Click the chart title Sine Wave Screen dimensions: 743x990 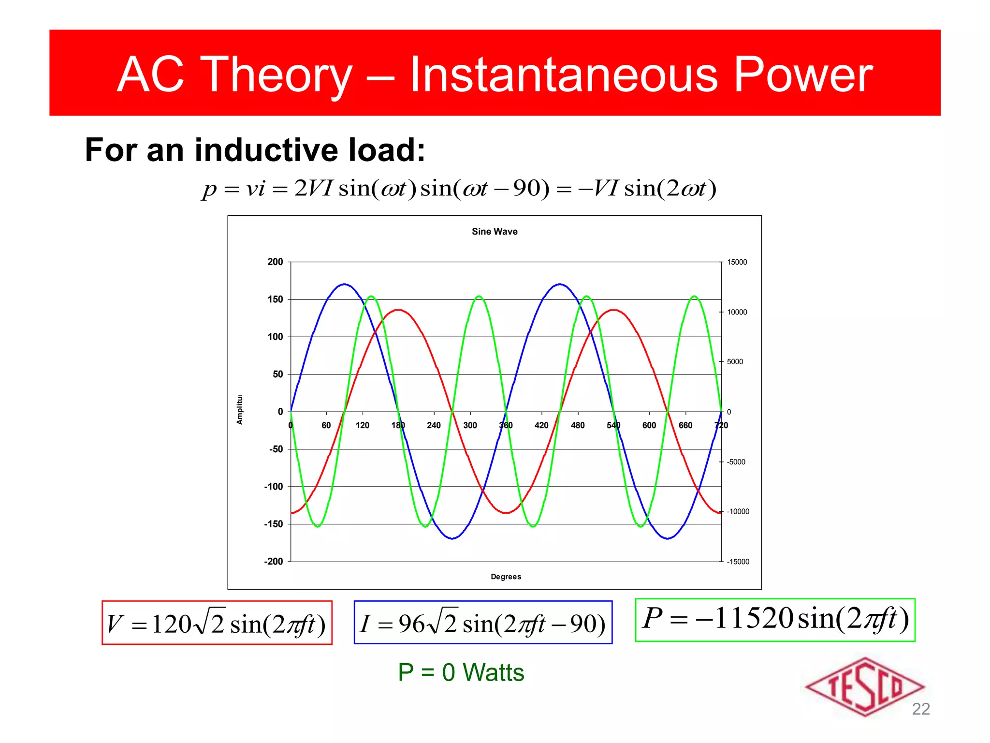click(494, 232)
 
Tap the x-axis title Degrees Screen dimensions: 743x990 click(506, 577)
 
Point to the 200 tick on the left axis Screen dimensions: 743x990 click(275, 262)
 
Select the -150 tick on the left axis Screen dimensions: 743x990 click(273, 524)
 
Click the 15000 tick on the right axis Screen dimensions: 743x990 click(737, 262)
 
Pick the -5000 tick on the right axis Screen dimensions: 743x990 click(736, 462)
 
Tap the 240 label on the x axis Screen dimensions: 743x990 click(434, 425)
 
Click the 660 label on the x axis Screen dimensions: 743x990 click(685, 425)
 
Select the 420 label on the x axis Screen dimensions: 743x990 click(541, 425)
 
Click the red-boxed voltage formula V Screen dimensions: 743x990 click(217, 623)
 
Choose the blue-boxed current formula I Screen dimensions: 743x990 click(482, 623)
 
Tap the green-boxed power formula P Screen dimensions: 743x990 click(775, 619)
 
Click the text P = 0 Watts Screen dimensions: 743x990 click(461, 672)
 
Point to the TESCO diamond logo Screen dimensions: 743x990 click(864, 687)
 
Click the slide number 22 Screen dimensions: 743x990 click(920, 709)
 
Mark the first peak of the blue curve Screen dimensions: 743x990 click(344, 284)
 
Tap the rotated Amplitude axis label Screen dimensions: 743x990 click(239, 410)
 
